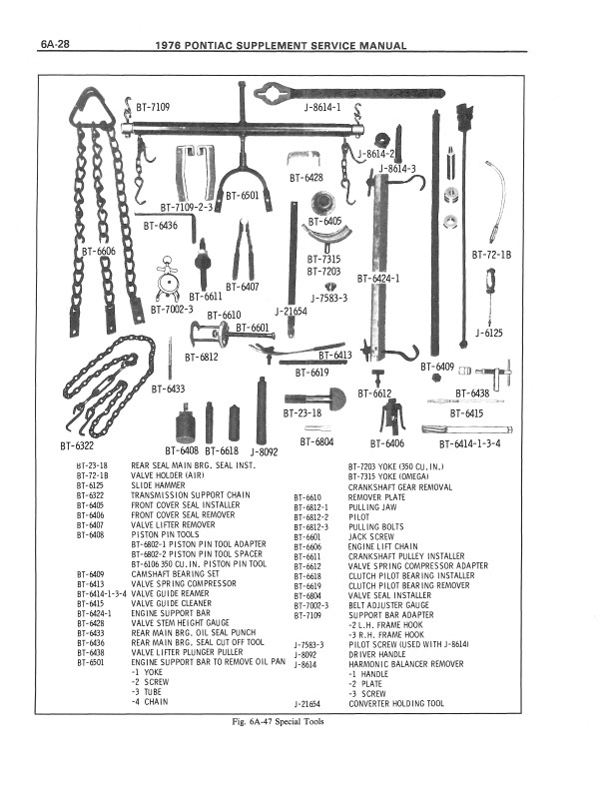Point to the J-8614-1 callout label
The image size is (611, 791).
(x=321, y=106)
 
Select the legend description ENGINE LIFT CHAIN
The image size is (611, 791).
(x=382, y=546)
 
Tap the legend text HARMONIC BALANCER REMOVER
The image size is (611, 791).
(x=405, y=664)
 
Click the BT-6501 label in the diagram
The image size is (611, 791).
(x=243, y=196)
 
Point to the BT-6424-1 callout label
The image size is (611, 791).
(x=378, y=279)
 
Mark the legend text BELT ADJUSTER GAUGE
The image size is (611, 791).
(x=387, y=605)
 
